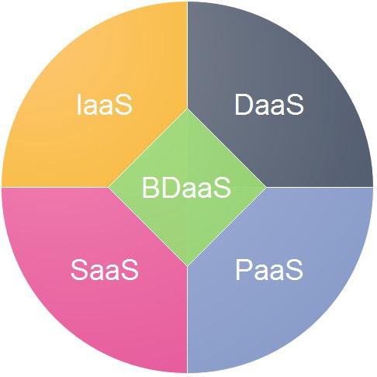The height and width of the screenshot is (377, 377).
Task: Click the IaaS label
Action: pos(105,105)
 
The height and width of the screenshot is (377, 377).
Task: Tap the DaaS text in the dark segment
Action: pos(269,105)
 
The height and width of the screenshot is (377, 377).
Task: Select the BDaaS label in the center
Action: pos(186,188)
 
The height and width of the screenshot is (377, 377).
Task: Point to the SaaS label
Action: pos(105,270)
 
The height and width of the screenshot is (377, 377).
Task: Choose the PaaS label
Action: pos(269,270)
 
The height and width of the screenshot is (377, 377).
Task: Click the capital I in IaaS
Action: pos(79,105)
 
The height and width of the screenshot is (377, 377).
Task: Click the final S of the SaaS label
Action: pos(130,270)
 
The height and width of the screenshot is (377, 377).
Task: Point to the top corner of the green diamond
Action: pos(188,109)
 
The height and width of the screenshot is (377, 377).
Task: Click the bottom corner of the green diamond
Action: pos(188,266)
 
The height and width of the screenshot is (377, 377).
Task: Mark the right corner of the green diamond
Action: pos(266,187)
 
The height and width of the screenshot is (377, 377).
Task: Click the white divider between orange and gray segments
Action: pos(188,55)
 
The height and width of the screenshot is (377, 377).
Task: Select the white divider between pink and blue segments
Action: pos(188,320)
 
